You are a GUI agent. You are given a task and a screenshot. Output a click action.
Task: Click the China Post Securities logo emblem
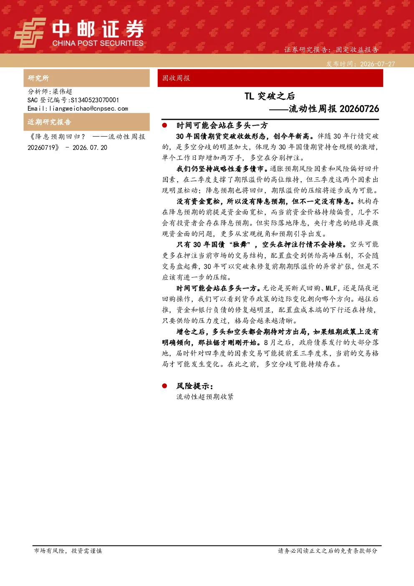[x=30, y=33]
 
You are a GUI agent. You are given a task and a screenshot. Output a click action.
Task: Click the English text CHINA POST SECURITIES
[x=98, y=43]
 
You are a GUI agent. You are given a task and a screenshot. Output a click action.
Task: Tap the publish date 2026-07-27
[x=377, y=64]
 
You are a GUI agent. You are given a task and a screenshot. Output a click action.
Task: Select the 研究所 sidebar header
[x=38, y=78]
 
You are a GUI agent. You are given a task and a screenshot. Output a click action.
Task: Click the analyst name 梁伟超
[x=62, y=91]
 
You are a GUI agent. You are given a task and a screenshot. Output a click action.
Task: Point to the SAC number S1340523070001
[x=95, y=100]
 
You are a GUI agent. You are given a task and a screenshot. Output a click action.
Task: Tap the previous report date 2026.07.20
[x=90, y=147]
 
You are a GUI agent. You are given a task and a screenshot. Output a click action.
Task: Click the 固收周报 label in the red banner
[x=176, y=78]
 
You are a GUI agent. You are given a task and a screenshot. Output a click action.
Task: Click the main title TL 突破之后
[x=270, y=96]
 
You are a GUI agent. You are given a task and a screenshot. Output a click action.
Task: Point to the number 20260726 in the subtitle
[x=359, y=109]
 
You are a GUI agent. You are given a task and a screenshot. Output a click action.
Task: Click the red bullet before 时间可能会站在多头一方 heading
[x=164, y=125]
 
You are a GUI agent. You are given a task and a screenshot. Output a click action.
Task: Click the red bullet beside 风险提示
[x=164, y=386]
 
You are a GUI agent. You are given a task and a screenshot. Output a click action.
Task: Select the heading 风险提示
[x=195, y=386]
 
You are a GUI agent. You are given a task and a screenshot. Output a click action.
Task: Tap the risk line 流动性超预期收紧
[x=205, y=397]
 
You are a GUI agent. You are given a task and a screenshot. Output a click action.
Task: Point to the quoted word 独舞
[x=240, y=245]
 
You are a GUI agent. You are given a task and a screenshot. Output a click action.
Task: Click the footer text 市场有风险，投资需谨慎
[x=68, y=551]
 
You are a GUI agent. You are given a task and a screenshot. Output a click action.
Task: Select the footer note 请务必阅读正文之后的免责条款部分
[x=328, y=551]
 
